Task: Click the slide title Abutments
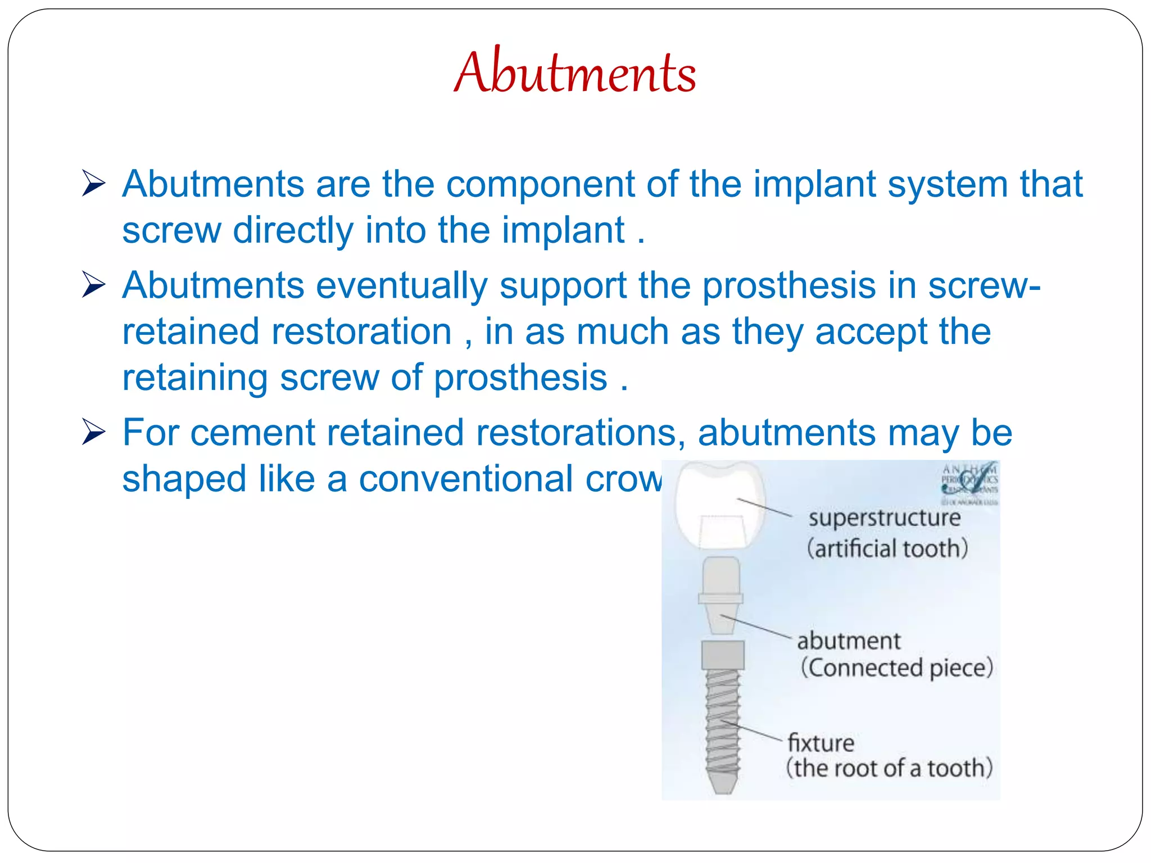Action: pos(575,72)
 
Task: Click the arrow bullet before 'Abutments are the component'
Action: pos(93,184)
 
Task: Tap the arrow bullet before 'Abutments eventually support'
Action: pos(93,285)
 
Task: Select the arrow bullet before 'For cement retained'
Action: pos(93,432)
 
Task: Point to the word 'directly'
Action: pos(293,231)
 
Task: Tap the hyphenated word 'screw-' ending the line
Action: pos(984,286)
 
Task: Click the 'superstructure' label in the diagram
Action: pos(885,517)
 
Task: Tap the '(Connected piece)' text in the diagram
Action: pos(897,667)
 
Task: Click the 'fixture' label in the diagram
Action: pos(821,743)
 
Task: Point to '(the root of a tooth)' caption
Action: pos(889,768)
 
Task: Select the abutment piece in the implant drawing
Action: pos(721,596)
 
